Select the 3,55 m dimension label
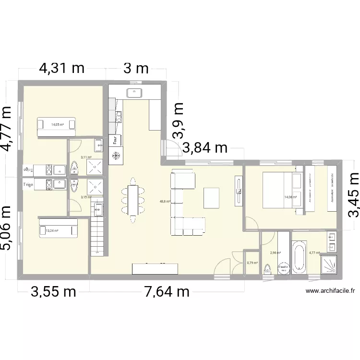tap(54, 292)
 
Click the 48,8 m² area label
tap(165, 202)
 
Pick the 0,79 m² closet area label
tap(252, 263)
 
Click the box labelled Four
tap(116, 140)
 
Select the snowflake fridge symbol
tap(116, 156)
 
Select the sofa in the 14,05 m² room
tap(57, 125)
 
